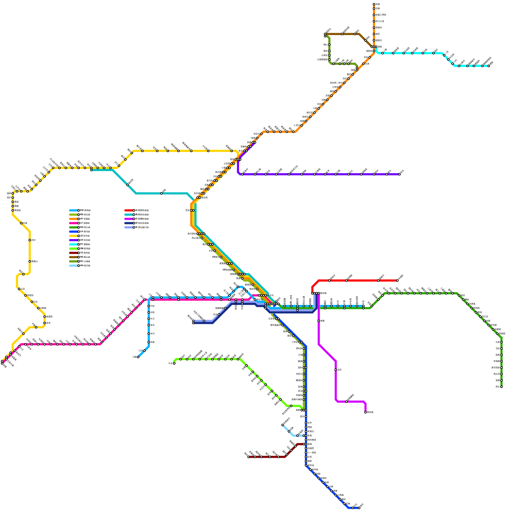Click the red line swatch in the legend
coord(129,210)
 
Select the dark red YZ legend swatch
coord(74,253)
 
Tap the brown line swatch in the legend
coord(74,257)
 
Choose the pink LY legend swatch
coord(74,223)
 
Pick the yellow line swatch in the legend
coord(74,236)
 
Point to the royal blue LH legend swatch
coord(74,232)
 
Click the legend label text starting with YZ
coord(85,253)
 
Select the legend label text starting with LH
coord(85,232)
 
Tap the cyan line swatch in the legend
coord(74,244)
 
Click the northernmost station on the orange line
coord(374,4)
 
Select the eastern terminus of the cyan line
coord(489,66)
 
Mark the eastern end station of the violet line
coord(399,174)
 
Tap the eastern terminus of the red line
coord(397,280)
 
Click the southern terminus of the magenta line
coord(366,412)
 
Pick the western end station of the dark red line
coord(249,457)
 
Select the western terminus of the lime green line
coord(174,363)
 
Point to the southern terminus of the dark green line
coord(501,387)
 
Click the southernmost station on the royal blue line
coord(359,508)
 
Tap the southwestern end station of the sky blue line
coord(138,357)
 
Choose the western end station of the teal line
coord(91,170)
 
